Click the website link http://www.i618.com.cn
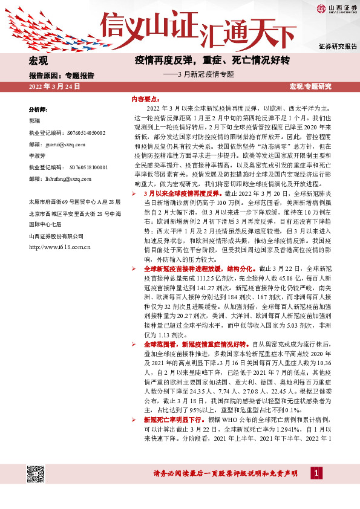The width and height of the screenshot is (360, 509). tap(59, 247)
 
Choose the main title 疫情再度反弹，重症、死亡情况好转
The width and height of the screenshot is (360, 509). tap(213, 60)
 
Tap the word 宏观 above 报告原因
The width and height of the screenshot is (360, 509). tap(38, 61)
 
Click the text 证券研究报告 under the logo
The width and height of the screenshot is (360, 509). tap(337, 47)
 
